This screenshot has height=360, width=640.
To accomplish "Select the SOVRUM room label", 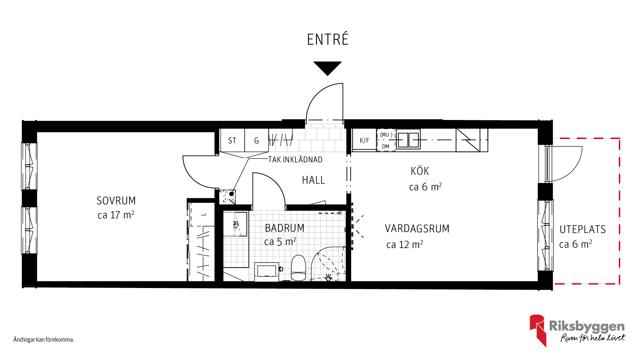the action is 116,201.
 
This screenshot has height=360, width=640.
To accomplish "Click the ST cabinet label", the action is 232,141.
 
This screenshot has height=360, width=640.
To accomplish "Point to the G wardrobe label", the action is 256,141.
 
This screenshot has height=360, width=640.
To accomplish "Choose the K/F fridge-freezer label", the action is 364,141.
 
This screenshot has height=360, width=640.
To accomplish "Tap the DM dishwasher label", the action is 386,146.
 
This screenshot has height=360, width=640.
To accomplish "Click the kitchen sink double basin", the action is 408,140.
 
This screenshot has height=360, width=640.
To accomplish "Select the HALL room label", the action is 313,180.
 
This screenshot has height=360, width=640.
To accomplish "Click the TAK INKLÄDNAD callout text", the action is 295,160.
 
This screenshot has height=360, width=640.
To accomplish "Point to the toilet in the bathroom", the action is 298,268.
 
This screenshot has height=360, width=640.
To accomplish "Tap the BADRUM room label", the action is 285,228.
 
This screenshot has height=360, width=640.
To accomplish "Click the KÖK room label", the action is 420,171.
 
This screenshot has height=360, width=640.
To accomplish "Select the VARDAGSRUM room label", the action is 417,229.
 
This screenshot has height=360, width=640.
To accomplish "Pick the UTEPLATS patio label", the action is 582,229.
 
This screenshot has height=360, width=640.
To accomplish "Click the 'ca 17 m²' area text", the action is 116,215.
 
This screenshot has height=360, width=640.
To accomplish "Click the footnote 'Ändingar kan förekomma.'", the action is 44,340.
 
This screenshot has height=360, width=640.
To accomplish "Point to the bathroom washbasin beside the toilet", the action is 266,272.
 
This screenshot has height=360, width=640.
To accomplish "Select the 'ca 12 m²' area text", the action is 405,244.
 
